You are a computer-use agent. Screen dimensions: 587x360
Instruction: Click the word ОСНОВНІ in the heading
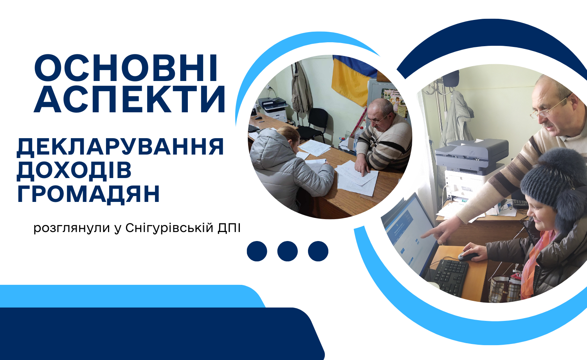click(x=126, y=68)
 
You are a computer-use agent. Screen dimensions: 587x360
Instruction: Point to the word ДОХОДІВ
click(x=74, y=171)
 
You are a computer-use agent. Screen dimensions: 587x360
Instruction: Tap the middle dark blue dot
click(x=288, y=251)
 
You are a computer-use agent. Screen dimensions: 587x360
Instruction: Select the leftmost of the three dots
click(x=257, y=251)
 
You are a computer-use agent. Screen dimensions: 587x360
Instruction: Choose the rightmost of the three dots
click(x=318, y=251)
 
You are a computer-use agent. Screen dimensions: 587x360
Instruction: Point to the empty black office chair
click(x=314, y=126)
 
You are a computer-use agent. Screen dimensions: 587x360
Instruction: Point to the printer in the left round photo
click(x=273, y=109)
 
